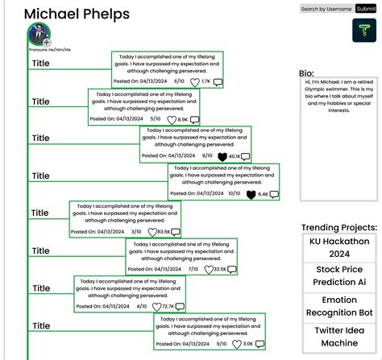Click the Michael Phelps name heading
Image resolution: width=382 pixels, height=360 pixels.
pos(76,14)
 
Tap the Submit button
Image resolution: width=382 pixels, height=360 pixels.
pos(366,9)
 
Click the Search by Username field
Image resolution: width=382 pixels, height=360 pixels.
pos(326,9)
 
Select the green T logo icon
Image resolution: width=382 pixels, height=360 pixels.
pos(364,31)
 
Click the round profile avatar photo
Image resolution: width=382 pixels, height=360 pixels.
pos(38,35)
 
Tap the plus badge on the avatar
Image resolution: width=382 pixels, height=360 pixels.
pos(47,43)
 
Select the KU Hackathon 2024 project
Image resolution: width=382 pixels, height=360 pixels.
pos(338,247)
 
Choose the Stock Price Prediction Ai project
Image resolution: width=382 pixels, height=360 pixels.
pos(338,276)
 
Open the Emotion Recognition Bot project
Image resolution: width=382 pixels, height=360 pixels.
pos(338,306)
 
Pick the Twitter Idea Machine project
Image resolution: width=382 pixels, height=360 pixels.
pos(338,337)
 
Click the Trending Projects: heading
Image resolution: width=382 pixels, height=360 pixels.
pos(338,228)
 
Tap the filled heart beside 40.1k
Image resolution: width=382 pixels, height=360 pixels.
pos(222,156)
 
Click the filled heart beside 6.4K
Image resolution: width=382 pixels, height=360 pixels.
pos(251,194)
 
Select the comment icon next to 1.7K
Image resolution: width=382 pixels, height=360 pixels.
pos(218,82)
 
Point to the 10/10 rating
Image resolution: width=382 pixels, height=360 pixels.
pos(234,193)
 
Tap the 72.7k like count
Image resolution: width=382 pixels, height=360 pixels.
pos(168,307)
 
